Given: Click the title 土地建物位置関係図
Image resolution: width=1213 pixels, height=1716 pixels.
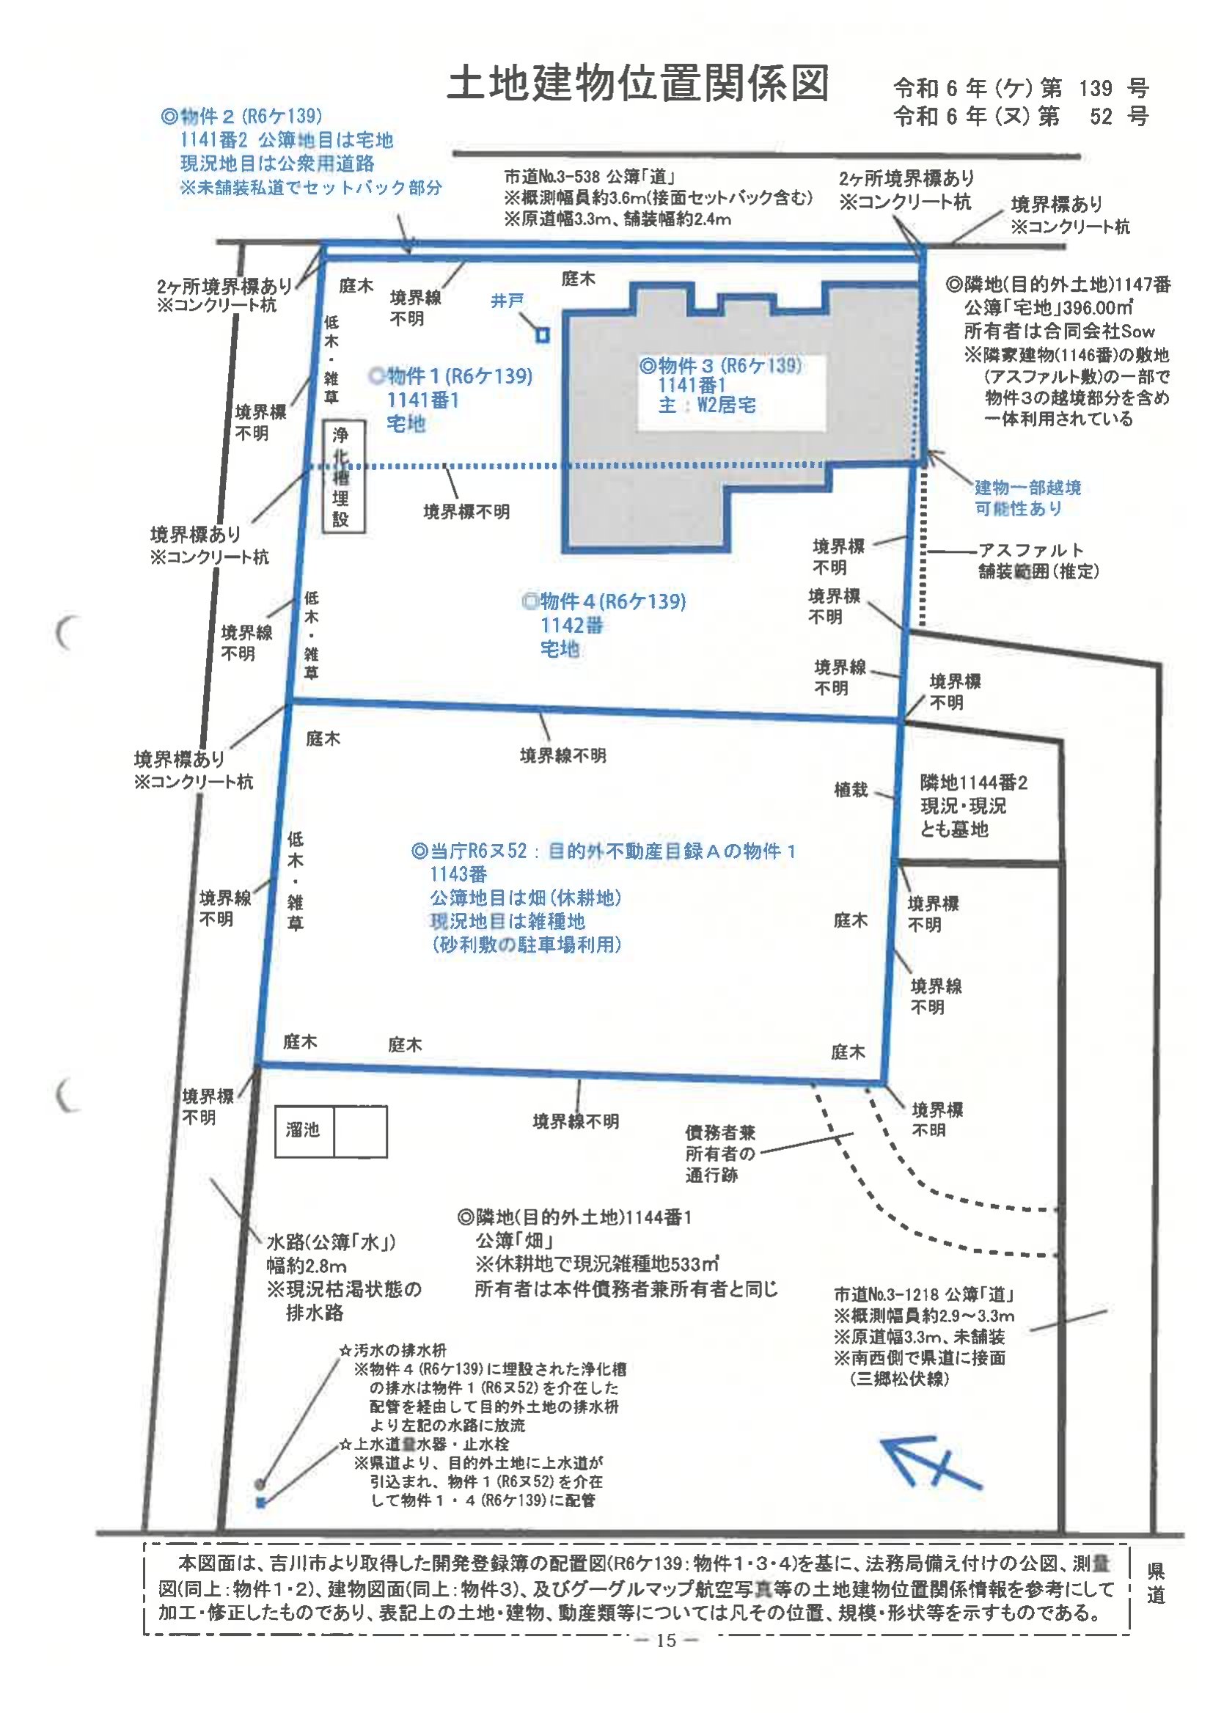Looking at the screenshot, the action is point(638,83).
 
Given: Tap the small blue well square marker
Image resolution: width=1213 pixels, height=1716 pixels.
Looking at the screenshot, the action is point(543,335).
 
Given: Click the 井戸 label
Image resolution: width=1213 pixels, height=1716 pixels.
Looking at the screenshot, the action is point(507,301).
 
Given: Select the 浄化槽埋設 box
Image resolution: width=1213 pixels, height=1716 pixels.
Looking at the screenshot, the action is point(344,477).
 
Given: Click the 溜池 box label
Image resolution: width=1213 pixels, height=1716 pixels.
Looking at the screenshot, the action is point(302,1129).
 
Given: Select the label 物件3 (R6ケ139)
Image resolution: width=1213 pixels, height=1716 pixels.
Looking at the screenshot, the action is point(720,365).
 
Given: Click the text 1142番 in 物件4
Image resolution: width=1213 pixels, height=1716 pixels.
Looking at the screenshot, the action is point(572,625).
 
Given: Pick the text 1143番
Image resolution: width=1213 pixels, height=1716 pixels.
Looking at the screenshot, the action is point(458,873).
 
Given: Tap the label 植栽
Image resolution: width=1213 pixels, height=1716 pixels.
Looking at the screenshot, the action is point(851,789).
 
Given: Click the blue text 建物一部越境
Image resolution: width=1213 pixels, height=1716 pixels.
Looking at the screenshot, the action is point(1027,487).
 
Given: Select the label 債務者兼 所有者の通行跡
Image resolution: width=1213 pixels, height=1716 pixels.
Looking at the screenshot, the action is point(721,1154).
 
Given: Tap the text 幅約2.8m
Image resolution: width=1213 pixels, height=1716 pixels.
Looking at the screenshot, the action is point(307,1266).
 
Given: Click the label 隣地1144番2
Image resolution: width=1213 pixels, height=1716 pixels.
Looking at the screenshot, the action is point(974,782).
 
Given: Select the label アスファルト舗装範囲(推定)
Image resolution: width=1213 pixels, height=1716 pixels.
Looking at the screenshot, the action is point(1038,560).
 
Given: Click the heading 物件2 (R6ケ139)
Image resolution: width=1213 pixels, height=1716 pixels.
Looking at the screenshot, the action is point(241,116).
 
